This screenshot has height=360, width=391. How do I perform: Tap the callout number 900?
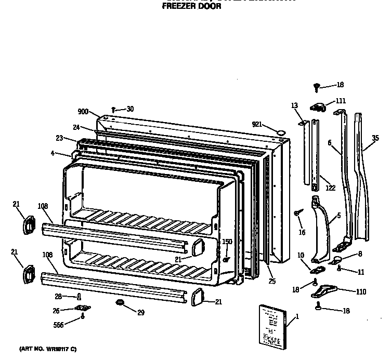[83, 112]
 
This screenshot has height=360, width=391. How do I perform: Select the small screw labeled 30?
[113, 110]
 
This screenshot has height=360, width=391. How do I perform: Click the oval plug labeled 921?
[281, 132]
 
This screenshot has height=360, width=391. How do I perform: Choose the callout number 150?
[227, 242]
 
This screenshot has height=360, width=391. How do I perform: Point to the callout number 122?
[330, 188]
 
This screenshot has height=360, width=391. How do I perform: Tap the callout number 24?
[76, 127]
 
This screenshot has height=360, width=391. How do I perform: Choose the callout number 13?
[294, 105]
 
